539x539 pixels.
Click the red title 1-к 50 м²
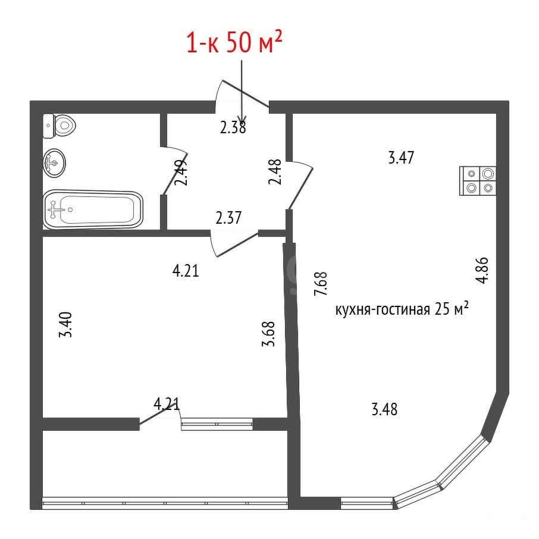tap(234, 42)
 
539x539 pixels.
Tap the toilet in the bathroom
tap(59, 126)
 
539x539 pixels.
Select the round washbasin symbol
tap(54, 162)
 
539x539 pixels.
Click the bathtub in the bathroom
tap(93, 209)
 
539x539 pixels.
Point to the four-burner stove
tap(478, 181)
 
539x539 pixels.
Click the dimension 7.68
tap(321, 284)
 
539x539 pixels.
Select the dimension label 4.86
tap(482, 270)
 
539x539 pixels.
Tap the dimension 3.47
tap(401, 158)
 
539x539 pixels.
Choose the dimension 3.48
tap(385, 409)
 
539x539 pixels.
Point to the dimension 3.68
tap(268, 333)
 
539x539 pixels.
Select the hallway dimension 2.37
tap(228, 218)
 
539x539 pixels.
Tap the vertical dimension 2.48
tap(275, 172)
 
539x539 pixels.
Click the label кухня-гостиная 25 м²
tap(402, 309)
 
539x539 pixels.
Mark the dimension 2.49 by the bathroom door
tap(181, 173)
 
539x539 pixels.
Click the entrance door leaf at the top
tap(246, 93)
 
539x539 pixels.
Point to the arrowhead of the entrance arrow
tap(242, 118)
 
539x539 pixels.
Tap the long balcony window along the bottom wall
tap(165, 503)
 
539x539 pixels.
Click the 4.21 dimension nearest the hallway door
tap(186, 271)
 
